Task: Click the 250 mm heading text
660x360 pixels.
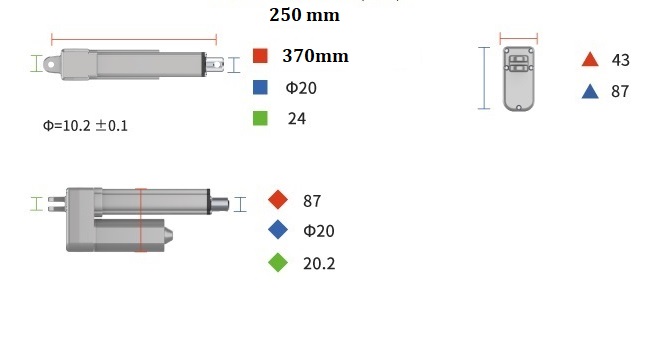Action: point(304,15)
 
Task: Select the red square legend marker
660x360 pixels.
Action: point(260,56)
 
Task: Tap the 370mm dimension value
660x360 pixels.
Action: point(315,56)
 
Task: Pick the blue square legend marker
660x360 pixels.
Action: point(260,87)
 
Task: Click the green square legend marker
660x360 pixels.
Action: point(260,118)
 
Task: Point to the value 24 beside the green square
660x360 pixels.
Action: point(297,119)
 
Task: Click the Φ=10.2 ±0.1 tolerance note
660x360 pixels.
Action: point(85,125)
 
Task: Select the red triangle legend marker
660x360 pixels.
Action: point(590,59)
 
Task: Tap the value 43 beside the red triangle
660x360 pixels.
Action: point(621,60)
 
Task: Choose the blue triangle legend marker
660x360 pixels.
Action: point(590,91)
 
